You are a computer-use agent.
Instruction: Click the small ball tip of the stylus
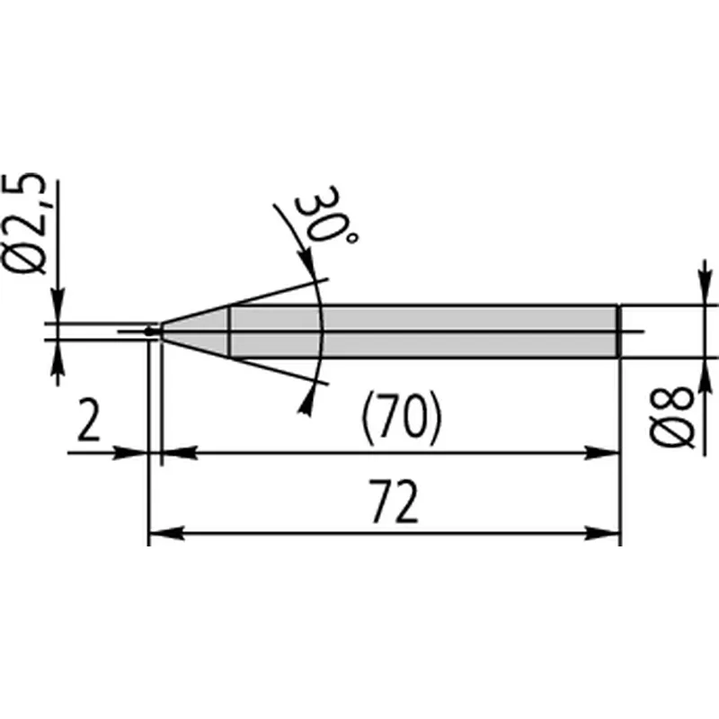(x=150, y=332)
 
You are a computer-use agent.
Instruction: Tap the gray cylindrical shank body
(x=422, y=332)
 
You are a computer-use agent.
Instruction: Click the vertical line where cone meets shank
(x=230, y=332)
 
